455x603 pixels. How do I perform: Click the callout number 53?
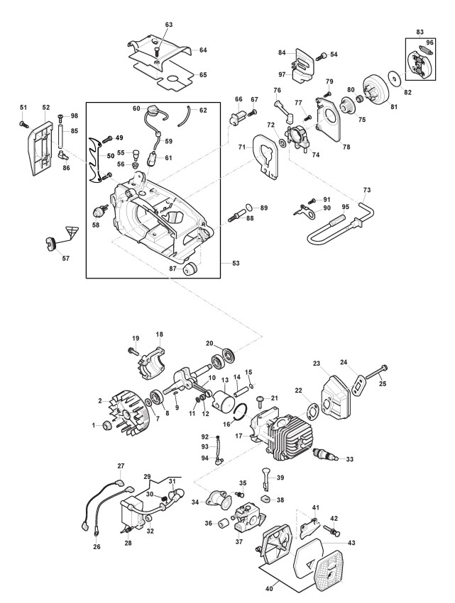click(x=236, y=263)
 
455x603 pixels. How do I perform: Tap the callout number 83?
click(x=420, y=32)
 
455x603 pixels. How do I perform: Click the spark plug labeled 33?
click(x=327, y=455)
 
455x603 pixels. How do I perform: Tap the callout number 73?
click(x=367, y=190)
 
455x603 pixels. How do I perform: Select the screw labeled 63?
click(x=157, y=51)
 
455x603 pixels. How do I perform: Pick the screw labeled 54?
click(x=322, y=56)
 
